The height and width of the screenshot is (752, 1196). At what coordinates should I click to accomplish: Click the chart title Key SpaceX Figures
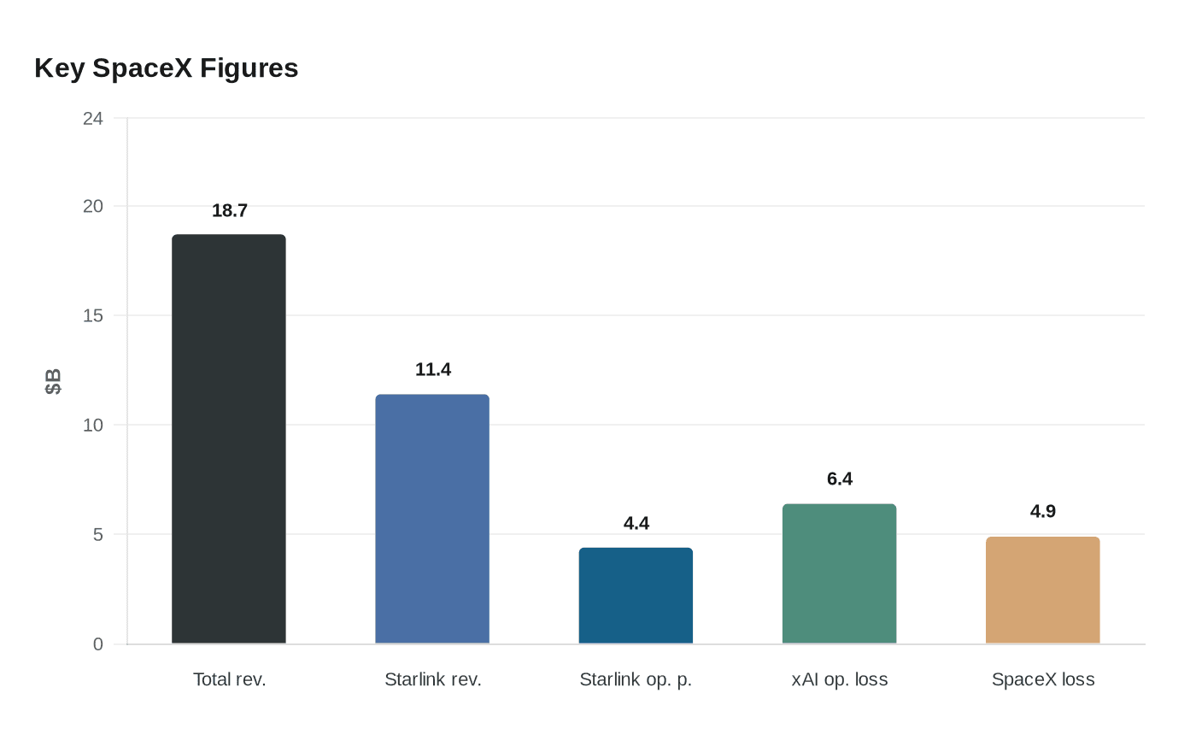(166, 68)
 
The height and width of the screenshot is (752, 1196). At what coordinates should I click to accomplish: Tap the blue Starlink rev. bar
(432, 519)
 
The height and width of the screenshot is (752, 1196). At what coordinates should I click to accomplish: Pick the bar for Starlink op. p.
(636, 596)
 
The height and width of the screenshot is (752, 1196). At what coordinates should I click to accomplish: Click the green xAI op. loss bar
(839, 573)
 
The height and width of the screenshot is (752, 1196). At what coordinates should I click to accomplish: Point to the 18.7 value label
(230, 210)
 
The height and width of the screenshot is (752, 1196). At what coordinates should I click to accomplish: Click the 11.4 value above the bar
(433, 369)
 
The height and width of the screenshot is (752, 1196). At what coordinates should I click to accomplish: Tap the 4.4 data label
(636, 523)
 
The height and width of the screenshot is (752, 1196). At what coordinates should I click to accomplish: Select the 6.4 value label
(840, 479)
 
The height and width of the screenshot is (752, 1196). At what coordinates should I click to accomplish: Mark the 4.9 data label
(1043, 511)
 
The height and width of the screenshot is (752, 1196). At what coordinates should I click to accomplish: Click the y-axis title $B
(53, 381)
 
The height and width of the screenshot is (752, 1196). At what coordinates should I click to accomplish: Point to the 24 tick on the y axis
(93, 118)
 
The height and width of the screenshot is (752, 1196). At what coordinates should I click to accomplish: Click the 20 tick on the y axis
(93, 206)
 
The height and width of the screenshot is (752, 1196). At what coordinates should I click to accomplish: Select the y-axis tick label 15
(93, 315)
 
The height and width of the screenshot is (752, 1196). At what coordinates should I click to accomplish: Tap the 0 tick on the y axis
(98, 644)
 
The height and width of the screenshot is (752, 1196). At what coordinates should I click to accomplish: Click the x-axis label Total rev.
(230, 679)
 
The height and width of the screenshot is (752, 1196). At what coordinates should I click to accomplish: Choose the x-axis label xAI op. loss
(840, 679)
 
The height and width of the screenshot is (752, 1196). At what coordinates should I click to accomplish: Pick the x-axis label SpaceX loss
(1043, 679)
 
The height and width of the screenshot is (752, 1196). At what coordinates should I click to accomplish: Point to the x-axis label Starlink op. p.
(636, 679)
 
